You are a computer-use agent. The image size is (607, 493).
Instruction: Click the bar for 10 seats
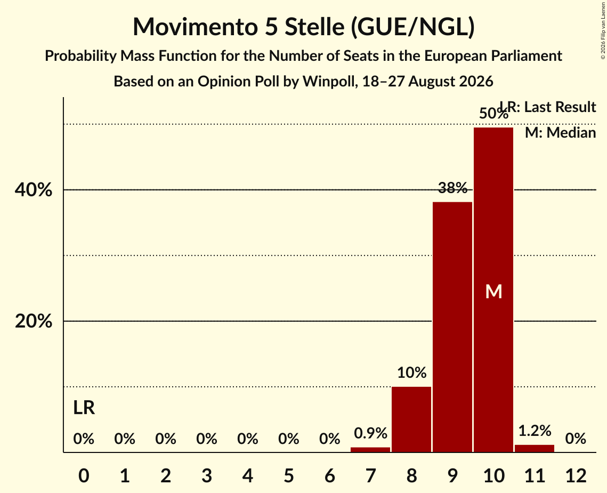(x=493, y=290)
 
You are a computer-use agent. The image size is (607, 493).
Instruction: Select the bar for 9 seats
(x=452, y=327)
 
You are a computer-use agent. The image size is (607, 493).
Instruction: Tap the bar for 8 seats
(x=411, y=419)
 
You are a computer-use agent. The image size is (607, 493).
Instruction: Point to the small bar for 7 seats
(x=370, y=450)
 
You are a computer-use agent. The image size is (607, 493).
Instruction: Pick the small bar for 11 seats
(x=534, y=448)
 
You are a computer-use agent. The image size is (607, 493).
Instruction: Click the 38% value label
(x=452, y=188)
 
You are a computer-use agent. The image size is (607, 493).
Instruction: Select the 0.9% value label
(x=370, y=433)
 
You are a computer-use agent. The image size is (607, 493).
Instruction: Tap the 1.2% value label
(x=535, y=431)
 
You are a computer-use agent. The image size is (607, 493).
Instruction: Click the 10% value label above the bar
(x=411, y=373)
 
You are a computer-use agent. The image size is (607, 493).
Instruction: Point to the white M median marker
(x=493, y=291)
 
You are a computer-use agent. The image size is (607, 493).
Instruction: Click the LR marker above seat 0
(x=84, y=408)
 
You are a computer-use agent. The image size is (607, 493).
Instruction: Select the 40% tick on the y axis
(x=33, y=190)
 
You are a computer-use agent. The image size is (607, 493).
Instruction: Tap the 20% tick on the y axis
(x=33, y=321)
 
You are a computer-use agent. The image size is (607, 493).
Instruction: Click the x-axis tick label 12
(x=576, y=475)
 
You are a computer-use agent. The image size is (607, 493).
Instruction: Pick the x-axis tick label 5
(x=288, y=475)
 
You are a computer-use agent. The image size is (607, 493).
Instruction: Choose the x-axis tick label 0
(x=84, y=475)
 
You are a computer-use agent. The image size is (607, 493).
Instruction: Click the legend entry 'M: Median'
(x=560, y=133)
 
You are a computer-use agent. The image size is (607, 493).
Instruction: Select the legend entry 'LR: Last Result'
(x=548, y=107)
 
